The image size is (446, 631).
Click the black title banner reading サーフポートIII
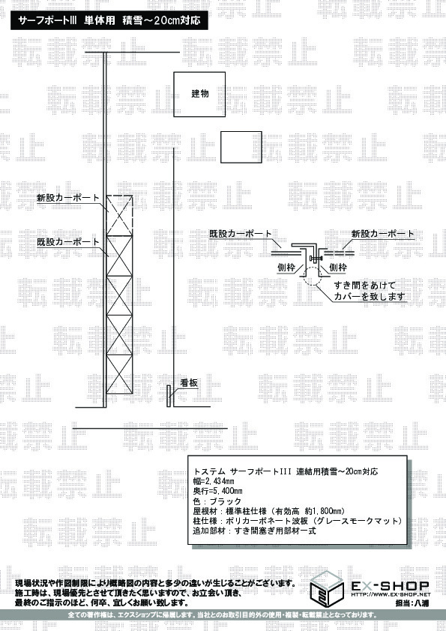(109, 20)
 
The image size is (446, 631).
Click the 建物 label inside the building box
(199, 94)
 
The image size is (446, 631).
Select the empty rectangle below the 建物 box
(241, 147)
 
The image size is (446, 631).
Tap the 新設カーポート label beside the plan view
(68, 198)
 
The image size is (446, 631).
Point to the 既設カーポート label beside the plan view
(68, 242)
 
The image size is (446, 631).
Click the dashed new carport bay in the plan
(119, 215)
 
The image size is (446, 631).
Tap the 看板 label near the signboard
(188, 383)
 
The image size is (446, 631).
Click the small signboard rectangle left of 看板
(169, 396)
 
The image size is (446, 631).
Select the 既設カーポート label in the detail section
(241, 234)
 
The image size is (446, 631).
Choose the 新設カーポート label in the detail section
(383, 234)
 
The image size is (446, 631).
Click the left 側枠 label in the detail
(286, 268)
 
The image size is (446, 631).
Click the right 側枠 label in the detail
(338, 268)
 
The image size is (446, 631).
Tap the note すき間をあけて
(365, 286)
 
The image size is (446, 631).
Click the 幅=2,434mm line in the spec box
(214, 481)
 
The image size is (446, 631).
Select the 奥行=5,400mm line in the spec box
(218, 491)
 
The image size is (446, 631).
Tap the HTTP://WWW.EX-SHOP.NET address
(391, 594)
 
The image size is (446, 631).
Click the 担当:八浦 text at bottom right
(412, 603)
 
